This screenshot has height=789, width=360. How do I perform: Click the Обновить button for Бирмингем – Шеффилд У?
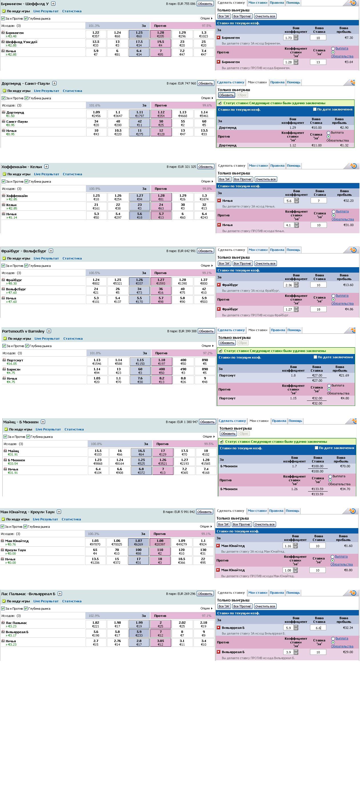pyautogui.click(x=205, y=4)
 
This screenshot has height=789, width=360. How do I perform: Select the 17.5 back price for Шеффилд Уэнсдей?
pyautogui.click(x=139, y=43)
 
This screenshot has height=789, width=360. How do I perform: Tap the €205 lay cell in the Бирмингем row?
pyautogui.click(x=160, y=34)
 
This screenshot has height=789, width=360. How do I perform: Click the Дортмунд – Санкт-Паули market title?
pyautogui.click(x=26, y=83)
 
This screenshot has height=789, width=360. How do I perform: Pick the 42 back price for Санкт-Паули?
pyautogui.click(x=140, y=123)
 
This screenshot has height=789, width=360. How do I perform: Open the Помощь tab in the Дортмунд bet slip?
pyautogui.click(x=293, y=82)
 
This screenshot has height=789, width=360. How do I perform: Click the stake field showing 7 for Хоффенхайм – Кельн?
pyautogui.click(x=318, y=201)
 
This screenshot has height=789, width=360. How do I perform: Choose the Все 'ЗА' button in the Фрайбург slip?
pyautogui.click(x=224, y=263)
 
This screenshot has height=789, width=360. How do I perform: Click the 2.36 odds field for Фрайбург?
pyautogui.click(x=289, y=285)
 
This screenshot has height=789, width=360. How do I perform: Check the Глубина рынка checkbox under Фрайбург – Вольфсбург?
pyautogui.click(x=26, y=265)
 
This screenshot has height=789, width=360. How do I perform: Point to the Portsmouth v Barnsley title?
pyautogui.click(x=23, y=331)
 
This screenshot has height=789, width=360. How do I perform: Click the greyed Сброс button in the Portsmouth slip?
pyautogui.click(x=243, y=343)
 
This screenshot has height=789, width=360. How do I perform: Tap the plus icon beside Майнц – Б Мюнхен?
pyautogui.click(x=43, y=422)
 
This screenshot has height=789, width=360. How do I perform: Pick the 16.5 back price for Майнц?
pyautogui.click(x=141, y=452)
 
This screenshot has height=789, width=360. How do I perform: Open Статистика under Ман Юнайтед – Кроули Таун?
pyautogui.click(x=71, y=519)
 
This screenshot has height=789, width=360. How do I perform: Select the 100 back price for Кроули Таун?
pyautogui.click(x=138, y=552)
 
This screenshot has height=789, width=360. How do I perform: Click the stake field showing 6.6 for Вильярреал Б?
pyautogui.click(x=317, y=628)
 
